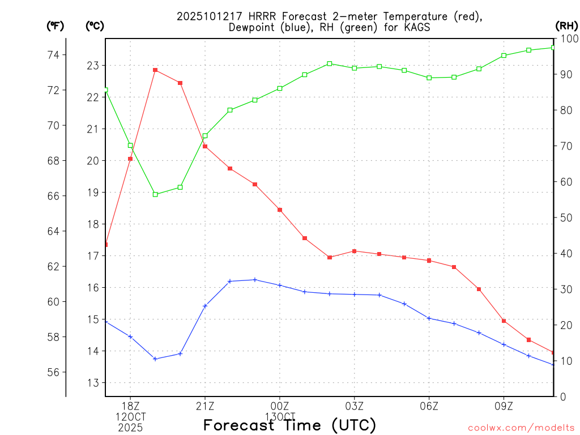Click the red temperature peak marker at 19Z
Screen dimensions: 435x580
[155, 70]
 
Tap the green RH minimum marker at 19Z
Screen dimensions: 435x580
[155, 194]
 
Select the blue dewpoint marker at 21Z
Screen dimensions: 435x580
[205, 306]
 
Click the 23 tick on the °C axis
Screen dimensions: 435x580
[93, 66]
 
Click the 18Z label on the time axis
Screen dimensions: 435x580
[131, 406]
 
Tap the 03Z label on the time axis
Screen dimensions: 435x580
[355, 406]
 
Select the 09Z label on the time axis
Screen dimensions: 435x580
[504, 406]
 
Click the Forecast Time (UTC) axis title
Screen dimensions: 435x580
[289, 425]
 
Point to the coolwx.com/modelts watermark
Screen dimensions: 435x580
[521, 428]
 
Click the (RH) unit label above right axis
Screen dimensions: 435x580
[566, 25]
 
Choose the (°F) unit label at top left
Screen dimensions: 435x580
[56, 25]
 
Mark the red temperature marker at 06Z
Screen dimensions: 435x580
[429, 261]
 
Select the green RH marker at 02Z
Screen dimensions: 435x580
[330, 63]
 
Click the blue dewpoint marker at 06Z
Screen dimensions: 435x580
[429, 318]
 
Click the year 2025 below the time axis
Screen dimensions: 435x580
[131, 427]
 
